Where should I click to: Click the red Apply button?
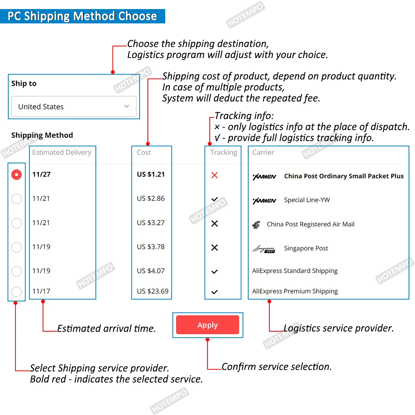[207, 325]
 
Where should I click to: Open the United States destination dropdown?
[74, 107]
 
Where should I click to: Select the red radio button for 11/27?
[17, 175]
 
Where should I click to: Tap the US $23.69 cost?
[153, 291]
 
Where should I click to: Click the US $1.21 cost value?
[151, 174]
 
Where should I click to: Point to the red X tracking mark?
[215, 175]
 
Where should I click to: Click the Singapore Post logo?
[264, 249]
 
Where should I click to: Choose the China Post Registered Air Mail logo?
[256, 225]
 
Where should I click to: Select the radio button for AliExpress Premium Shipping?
[17, 292]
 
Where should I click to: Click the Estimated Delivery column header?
[62, 152]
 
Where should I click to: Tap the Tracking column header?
[224, 152]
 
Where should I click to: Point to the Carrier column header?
[263, 152]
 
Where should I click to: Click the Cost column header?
[144, 152]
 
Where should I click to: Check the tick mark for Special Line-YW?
[215, 199]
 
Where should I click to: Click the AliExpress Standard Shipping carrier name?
[295, 271]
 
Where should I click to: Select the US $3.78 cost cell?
[151, 247]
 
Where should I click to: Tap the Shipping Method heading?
[42, 135]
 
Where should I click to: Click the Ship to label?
[24, 83]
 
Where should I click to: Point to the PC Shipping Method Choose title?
[82, 16]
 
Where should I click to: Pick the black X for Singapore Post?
[215, 248]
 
